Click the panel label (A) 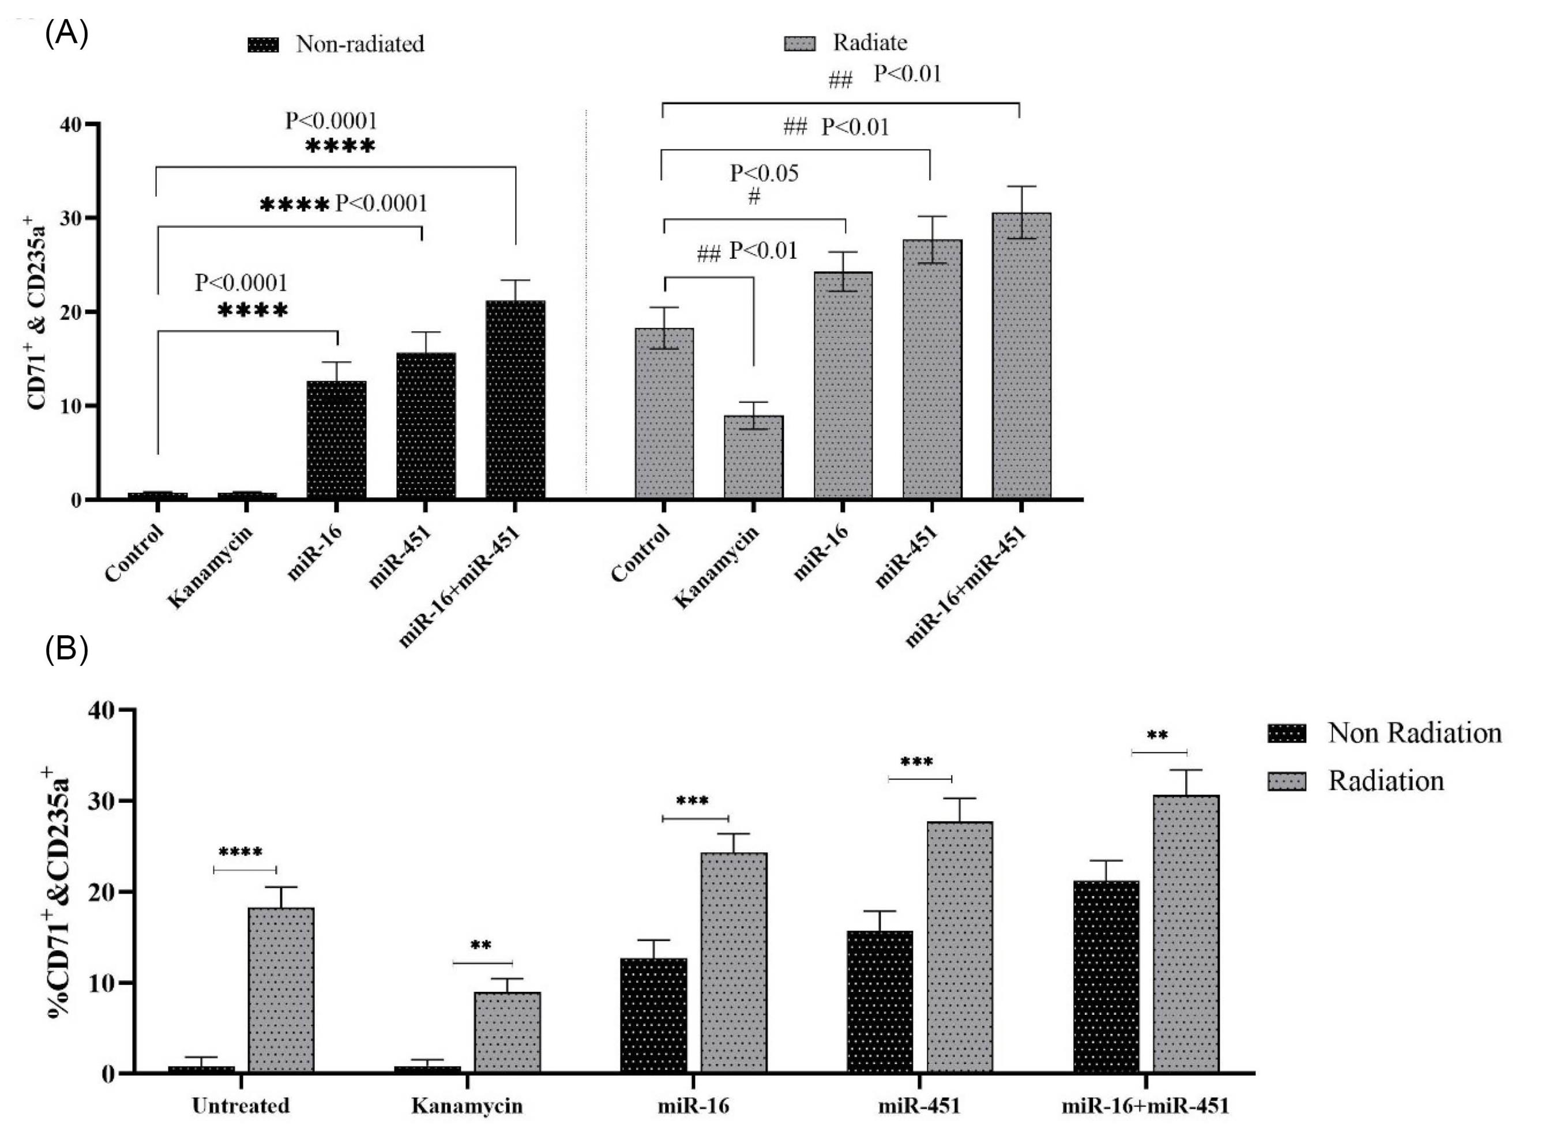coord(67,33)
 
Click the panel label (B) coord(67,650)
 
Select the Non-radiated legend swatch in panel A coord(264,44)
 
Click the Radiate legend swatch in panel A coord(799,43)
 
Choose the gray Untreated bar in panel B coord(281,990)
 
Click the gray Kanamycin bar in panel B coord(508,1033)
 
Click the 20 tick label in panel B coord(100,892)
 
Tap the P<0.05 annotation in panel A coord(764,173)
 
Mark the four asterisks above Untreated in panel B coord(240,853)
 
